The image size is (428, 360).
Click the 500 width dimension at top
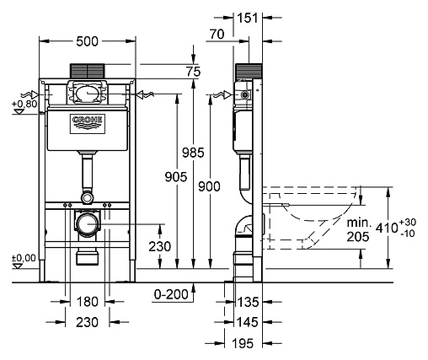pos(88,40)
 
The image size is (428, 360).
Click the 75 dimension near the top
pos(193,73)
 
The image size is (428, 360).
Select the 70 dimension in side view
pos(217,35)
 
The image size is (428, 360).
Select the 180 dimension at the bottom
pos(88,302)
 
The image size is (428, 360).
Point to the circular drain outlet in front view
pos(87,225)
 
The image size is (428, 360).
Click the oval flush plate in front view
pos(88,94)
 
